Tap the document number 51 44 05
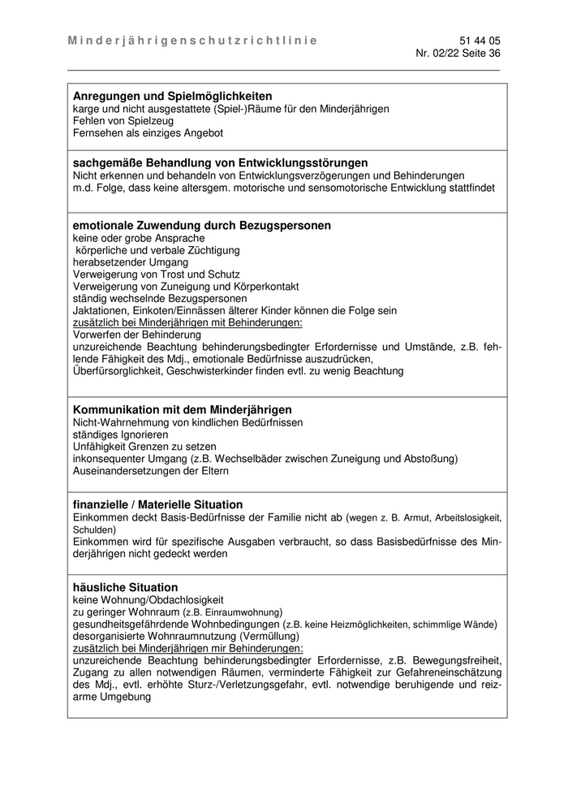(480, 40)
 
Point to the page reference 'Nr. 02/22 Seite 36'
(458, 53)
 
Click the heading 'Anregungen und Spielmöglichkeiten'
(172, 96)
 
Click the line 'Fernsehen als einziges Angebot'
(148, 132)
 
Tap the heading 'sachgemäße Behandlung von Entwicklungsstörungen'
(220, 162)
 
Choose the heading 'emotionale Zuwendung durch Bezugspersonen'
(201, 225)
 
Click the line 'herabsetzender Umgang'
(130, 262)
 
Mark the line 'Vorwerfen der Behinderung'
(136, 335)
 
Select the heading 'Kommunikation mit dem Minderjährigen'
(182, 409)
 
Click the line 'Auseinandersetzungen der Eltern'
(151, 471)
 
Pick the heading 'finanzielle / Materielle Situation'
(157, 504)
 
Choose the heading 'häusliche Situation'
(125, 587)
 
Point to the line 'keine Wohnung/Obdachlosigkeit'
(148, 599)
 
